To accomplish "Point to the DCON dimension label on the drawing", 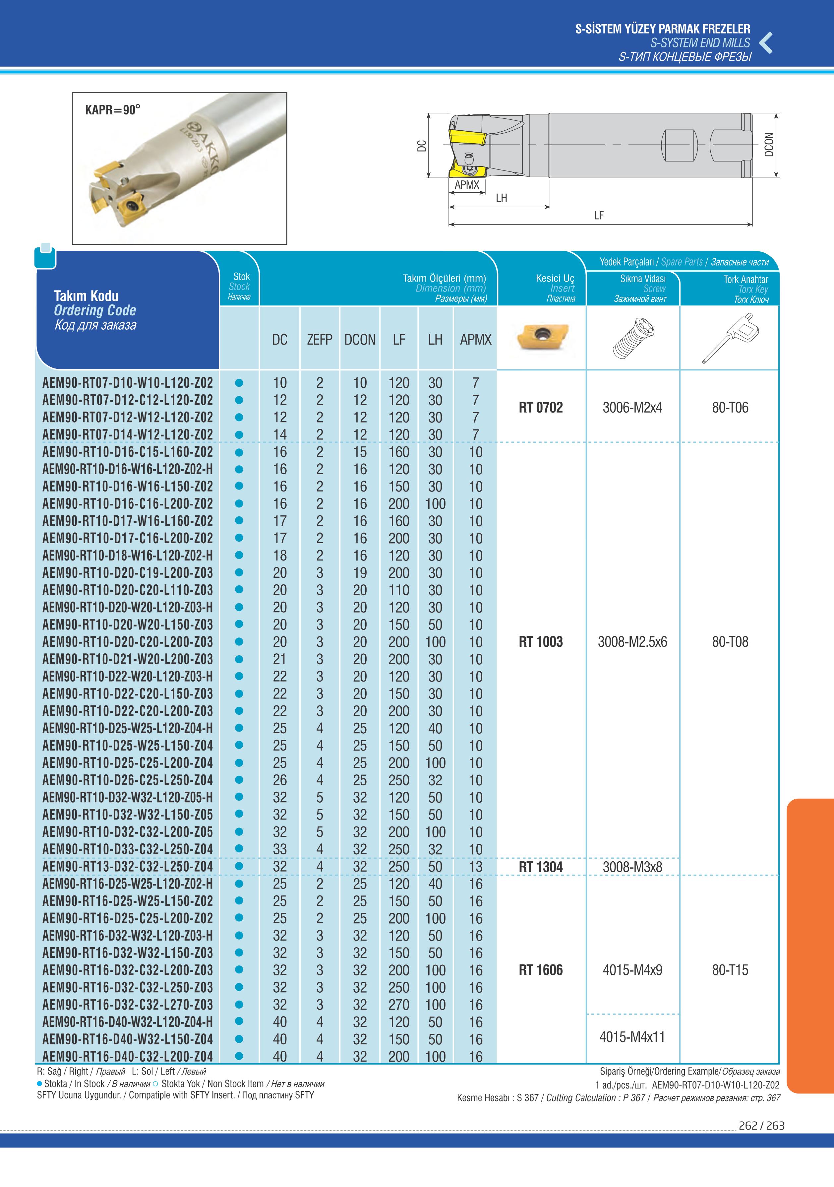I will pyautogui.click(x=769, y=145).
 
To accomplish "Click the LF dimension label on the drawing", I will pyautogui.click(x=598, y=216).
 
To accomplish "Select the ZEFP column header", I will pyautogui.click(x=319, y=340).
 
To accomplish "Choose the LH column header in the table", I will pyautogui.click(x=435, y=340).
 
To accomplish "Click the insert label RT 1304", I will pyautogui.click(x=541, y=867).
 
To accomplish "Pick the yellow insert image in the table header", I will pyautogui.click(x=542, y=337).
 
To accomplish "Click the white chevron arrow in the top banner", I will pyautogui.click(x=766, y=43).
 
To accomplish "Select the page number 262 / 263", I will pyautogui.click(x=761, y=1126).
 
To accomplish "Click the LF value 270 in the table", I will pyautogui.click(x=398, y=1005).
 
